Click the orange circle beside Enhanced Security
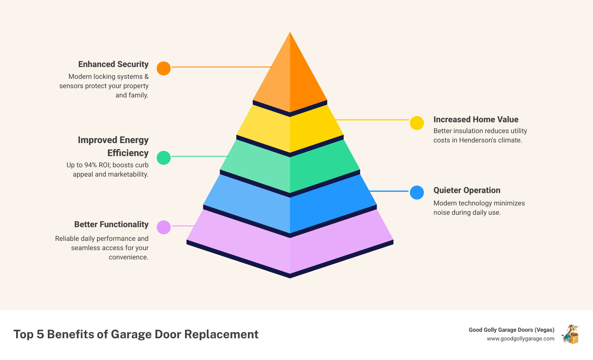164,68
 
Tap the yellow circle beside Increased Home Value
417,123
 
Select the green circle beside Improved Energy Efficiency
164,158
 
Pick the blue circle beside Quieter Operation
417,193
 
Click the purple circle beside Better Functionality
164,227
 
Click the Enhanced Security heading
113,64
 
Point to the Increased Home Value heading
476,119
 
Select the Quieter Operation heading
467,190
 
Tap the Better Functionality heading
111,224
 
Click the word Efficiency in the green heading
128,153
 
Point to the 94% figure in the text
91,165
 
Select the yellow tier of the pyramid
290,130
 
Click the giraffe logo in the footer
570,334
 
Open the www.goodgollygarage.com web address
520,339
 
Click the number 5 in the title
40,334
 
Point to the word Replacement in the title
221,334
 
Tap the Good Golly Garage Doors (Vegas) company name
511,330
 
